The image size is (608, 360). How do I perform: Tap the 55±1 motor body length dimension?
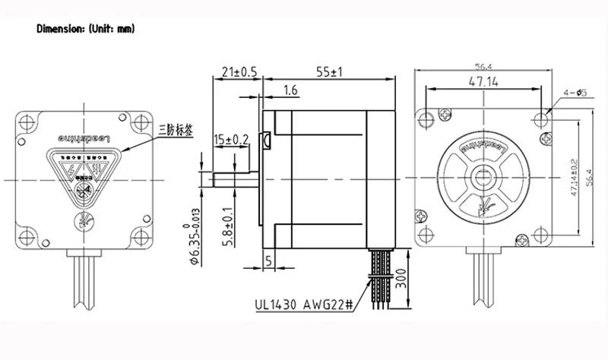click(x=328, y=72)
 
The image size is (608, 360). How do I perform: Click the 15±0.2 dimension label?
click(x=230, y=139)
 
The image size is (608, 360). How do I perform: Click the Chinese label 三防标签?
click(x=174, y=131)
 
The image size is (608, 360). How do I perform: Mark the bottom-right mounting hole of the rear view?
click(x=138, y=234)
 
